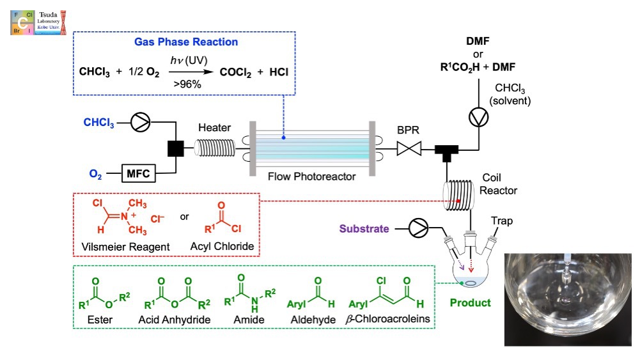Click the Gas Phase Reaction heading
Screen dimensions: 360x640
(185, 42)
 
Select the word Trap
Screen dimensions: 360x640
(502, 221)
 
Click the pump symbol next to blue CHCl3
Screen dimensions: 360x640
(140, 123)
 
